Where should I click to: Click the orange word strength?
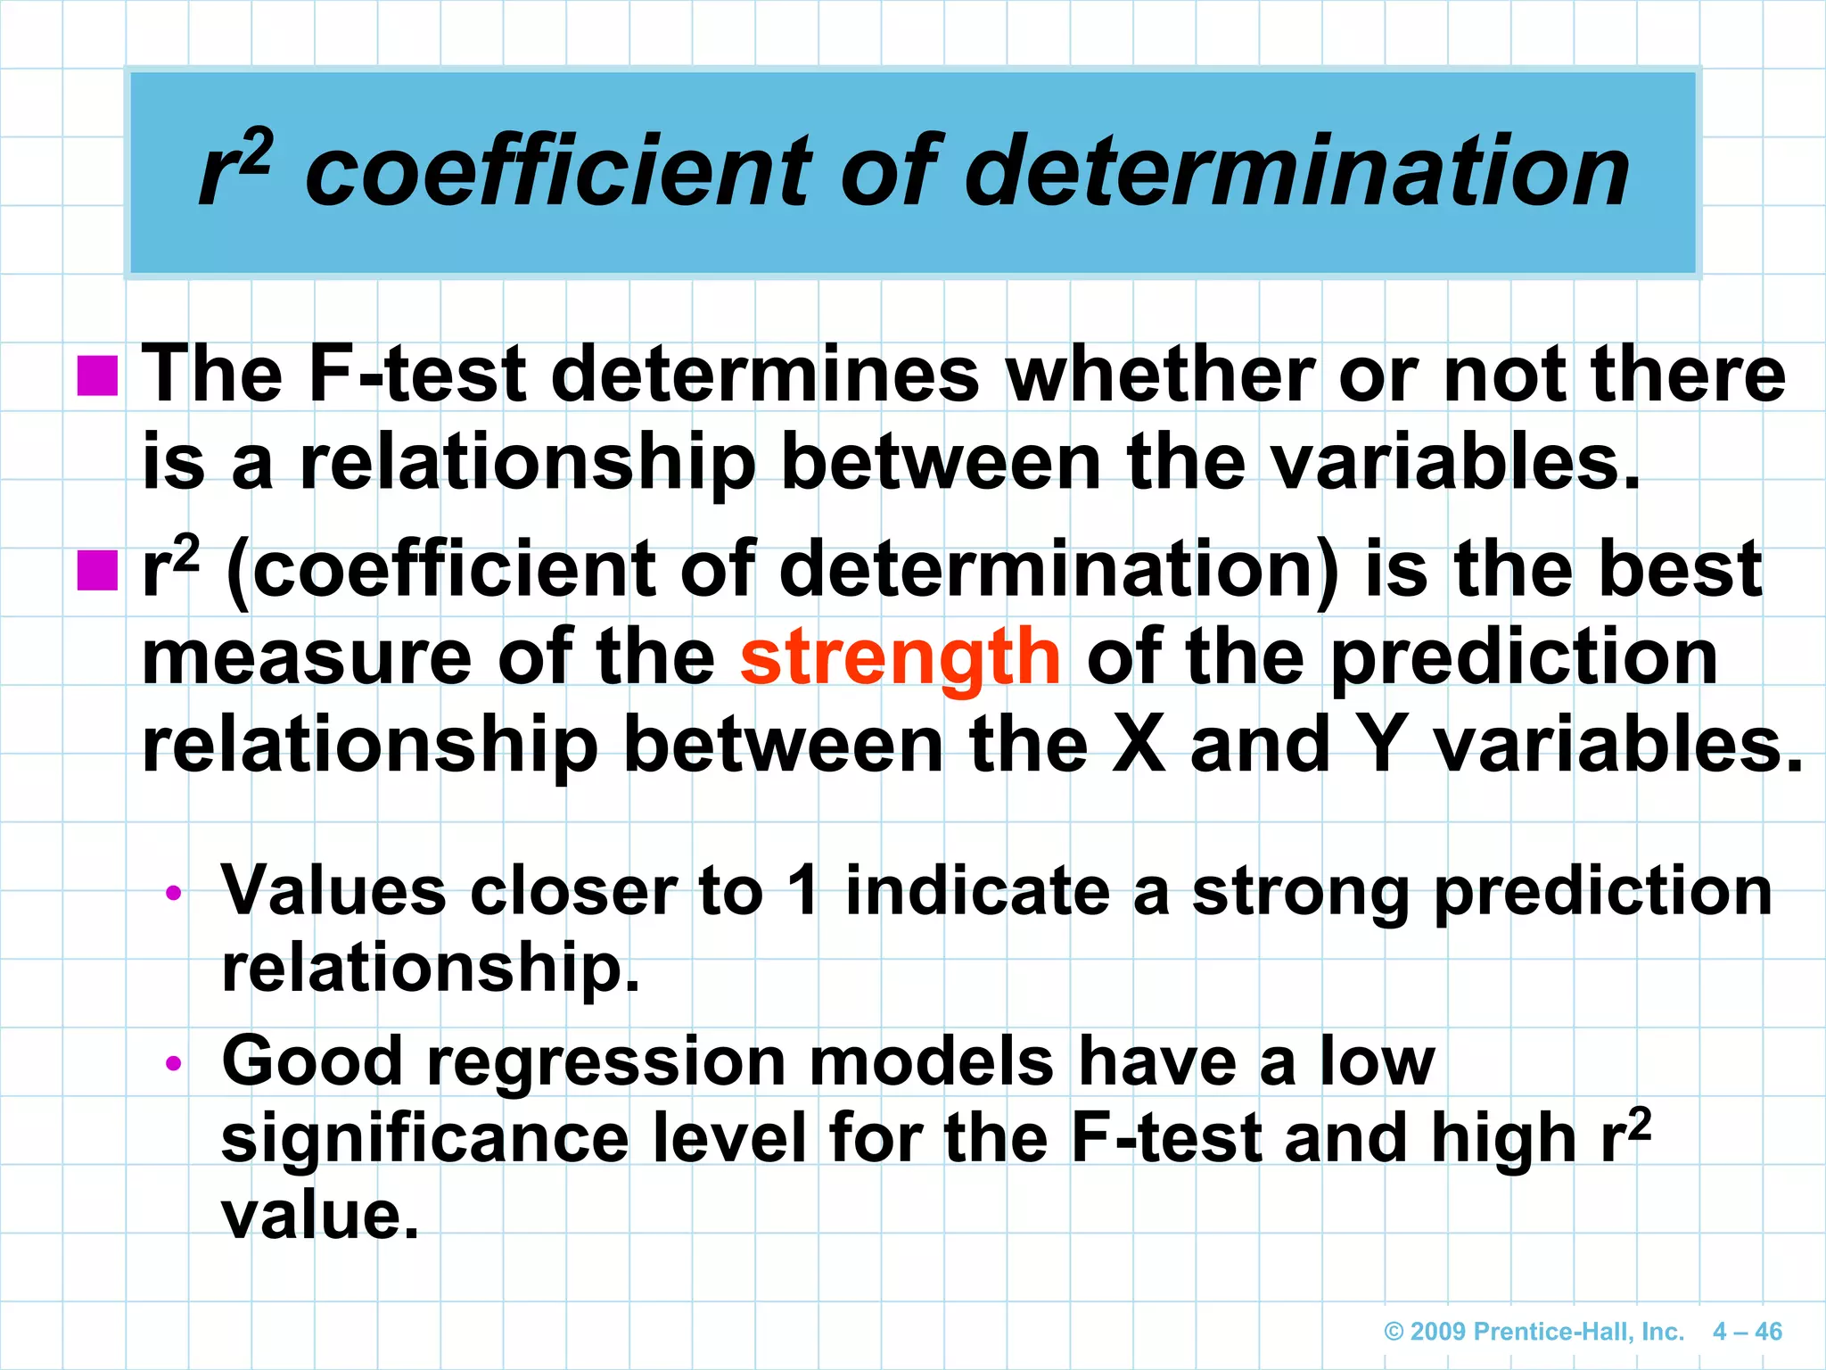pyautogui.click(x=900, y=658)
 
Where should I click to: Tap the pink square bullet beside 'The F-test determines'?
pyautogui.click(x=97, y=376)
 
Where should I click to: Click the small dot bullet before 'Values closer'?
pyautogui.click(x=174, y=892)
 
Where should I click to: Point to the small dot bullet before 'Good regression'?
pyautogui.click(x=174, y=1062)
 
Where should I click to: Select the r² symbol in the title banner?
pyautogui.click(x=234, y=169)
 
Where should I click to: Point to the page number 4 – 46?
pyautogui.click(x=1747, y=1332)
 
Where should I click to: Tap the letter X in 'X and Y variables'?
pyautogui.click(x=1139, y=746)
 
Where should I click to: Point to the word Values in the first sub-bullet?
pyautogui.click(x=333, y=891)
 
